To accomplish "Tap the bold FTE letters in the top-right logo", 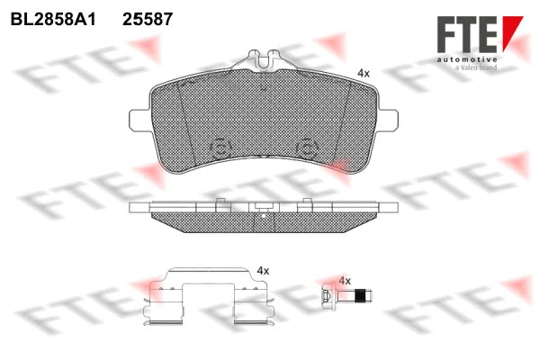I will pos(467,35).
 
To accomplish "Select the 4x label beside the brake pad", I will pos(363,72).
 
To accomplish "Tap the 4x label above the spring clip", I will pos(263,270).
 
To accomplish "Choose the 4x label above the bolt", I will pos(344,281).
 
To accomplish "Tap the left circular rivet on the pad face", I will pos(219,149).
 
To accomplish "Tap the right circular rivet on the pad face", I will pos(308,149).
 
